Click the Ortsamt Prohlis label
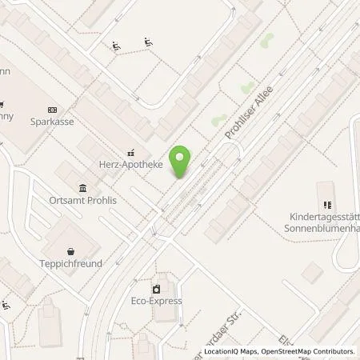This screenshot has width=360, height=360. click(x=82, y=200)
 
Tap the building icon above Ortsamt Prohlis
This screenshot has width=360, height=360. click(x=83, y=186)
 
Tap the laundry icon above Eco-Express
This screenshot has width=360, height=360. click(x=157, y=287)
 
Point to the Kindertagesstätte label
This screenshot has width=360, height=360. click(x=325, y=216)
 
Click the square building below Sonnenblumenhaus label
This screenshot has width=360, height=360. click(x=313, y=273)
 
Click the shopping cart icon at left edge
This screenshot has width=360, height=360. click(x=2, y=103)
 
